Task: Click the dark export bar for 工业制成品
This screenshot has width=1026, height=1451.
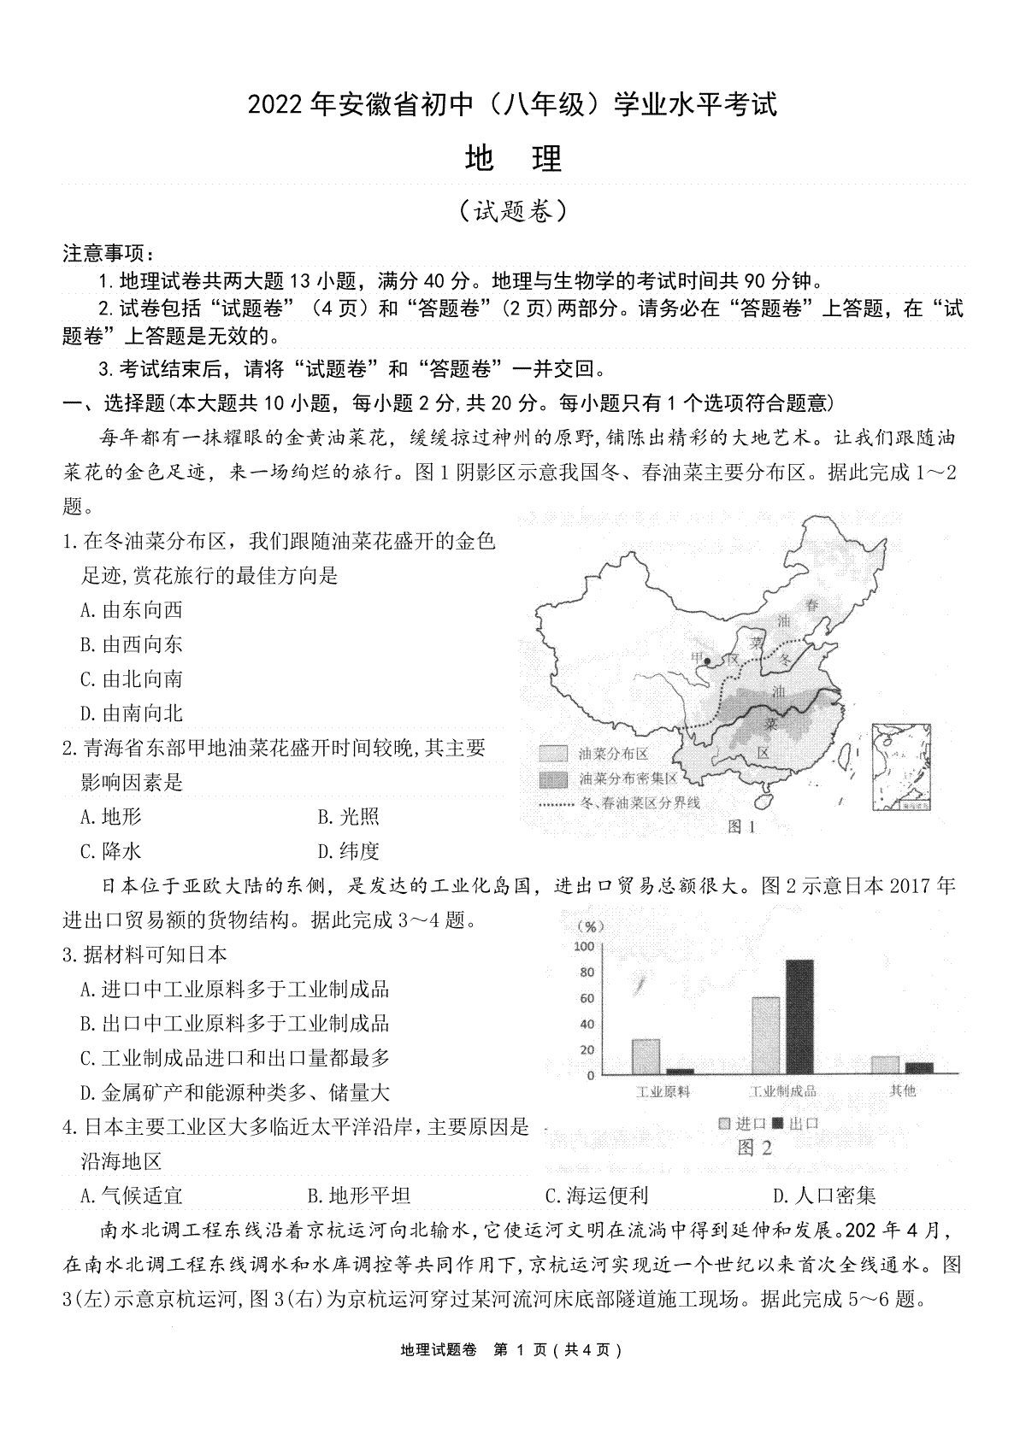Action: coord(799,1016)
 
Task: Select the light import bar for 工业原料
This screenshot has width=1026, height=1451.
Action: coord(646,1055)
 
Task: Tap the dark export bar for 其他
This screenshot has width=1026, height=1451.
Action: coord(919,1067)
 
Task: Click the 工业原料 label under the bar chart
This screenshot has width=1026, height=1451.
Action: coord(663,1091)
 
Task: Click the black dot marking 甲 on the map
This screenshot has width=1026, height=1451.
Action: coord(707,661)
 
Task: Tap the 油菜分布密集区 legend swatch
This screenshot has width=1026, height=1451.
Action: coord(553,779)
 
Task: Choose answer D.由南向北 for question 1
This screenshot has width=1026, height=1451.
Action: coord(132,714)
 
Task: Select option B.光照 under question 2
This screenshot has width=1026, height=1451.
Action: coord(348,817)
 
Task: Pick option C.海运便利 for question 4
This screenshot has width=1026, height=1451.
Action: coord(596,1196)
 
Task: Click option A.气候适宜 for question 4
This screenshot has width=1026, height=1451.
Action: coord(132,1196)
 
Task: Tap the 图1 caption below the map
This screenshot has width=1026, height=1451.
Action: coord(741,826)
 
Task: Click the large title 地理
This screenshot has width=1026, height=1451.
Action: coord(513,159)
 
